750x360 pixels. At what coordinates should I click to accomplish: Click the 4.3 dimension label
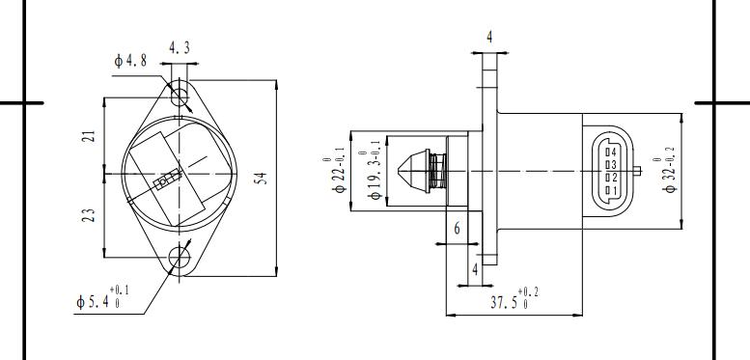tap(180, 48)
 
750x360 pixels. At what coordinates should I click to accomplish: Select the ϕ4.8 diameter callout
tap(130, 61)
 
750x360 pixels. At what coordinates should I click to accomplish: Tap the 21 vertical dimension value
tap(90, 136)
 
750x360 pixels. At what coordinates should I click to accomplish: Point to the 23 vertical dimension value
tap(89, 215)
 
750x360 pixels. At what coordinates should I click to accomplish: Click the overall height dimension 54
tap(261, 179)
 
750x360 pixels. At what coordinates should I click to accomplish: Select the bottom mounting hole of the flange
tap(180, 258)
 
